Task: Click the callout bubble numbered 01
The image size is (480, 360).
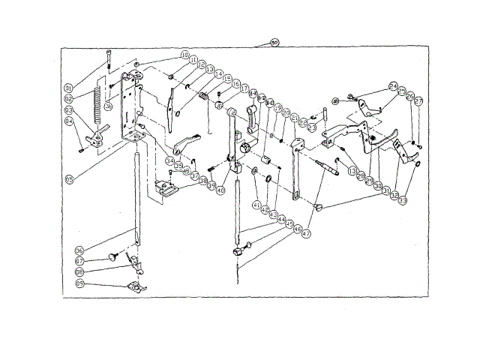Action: (67, 88)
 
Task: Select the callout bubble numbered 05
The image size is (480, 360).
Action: (70, 179)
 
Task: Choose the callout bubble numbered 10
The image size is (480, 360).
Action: (184, 55)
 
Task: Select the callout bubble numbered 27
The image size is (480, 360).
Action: (418, 100)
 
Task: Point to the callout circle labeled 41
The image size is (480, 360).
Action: (256, 203)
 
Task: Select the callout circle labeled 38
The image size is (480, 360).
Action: (202, 181)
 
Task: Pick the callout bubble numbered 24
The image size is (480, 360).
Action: (393, 86)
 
